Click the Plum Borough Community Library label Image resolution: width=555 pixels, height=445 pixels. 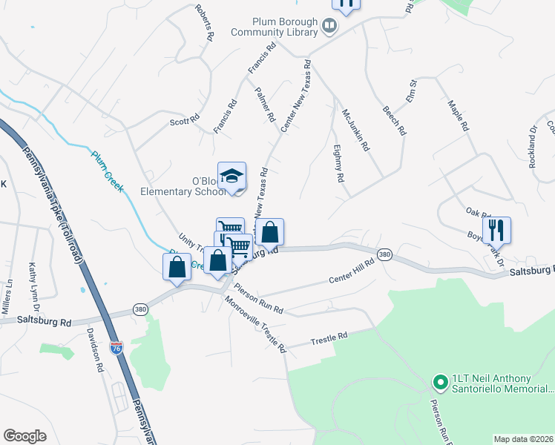coord(273,27)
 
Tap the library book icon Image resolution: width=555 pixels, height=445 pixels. coord(329,27)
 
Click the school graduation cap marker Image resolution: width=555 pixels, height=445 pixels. coord(231,177)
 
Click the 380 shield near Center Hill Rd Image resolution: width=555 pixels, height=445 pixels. coord(384,254)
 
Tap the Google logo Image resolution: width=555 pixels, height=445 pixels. coord(25,436)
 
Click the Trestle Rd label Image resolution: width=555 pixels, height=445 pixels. coord(329,337)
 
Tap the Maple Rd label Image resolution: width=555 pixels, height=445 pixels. coord(459,116)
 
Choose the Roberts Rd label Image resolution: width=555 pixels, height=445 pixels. coord(205,23)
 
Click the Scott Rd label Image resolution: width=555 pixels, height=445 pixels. coord(185,119)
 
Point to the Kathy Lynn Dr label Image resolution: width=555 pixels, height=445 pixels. coord(32,285)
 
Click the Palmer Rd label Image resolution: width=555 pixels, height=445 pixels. coord(265,105)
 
